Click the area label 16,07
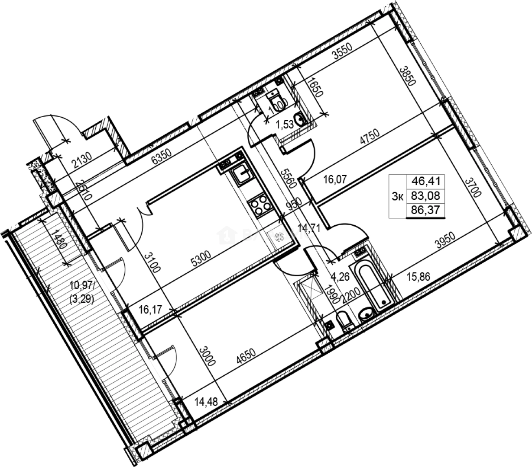[x=335, y=179]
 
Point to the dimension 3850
[x=406, y=77]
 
